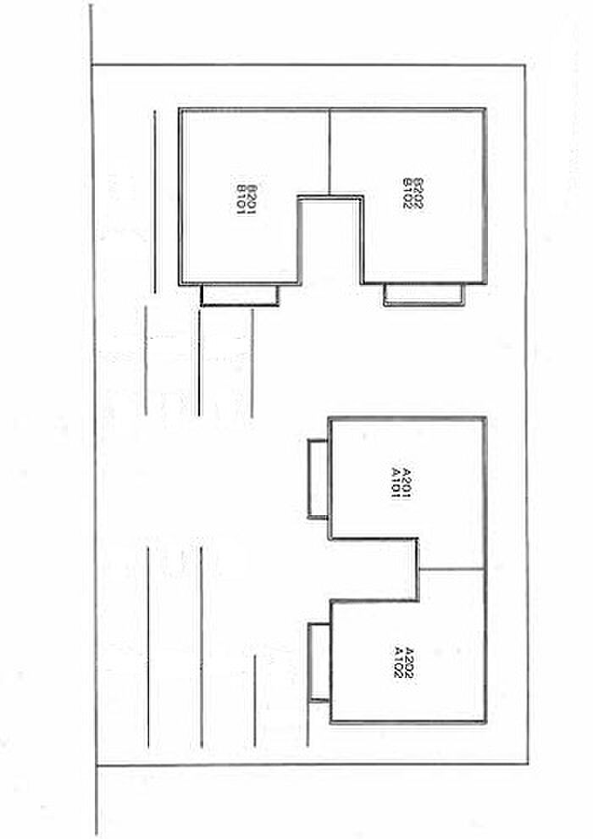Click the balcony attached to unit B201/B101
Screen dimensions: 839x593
pos(240,295)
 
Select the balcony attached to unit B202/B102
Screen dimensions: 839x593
pos(423,294)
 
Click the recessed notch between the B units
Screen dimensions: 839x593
pos(331,242)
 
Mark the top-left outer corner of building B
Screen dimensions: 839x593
pos(180,110)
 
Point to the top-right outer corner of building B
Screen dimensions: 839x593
pos(485,110)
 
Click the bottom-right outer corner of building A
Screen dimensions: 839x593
pos(486,723)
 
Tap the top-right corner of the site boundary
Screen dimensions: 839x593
pos(525,65)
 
